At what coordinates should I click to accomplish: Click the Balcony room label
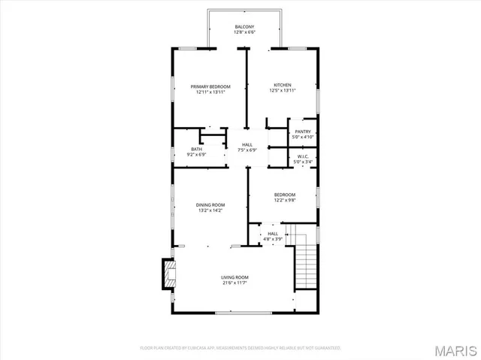(244, 27)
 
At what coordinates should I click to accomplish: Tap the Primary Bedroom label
(210, 86)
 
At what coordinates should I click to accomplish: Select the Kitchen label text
(282, 85)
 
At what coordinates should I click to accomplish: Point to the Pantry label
(303, 132)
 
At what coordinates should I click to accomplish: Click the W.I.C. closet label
(303, 156)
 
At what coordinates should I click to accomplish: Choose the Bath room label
(196, 149)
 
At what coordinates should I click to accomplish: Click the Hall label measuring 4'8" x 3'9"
(272, 234)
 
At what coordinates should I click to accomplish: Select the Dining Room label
(210, 204)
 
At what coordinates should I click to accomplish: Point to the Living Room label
(234, 277)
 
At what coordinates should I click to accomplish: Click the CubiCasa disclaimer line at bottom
(240, 348)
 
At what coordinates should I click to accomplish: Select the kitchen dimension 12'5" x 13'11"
(282, 91)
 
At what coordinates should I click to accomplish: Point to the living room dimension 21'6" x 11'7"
(234, 283)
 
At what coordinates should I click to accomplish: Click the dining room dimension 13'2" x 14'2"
(210, 210)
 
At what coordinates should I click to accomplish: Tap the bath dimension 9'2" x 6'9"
(196, 155)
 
